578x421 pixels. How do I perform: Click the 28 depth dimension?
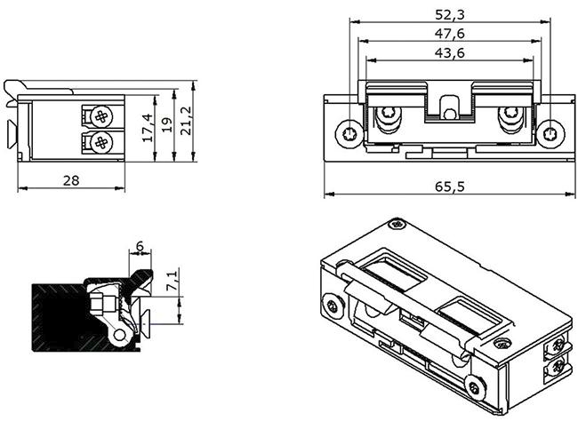coord(71,180)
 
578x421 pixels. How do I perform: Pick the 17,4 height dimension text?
coord(147,129)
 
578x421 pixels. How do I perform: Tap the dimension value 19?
coord(165,130)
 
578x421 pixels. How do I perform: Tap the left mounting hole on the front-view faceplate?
coord(345,134)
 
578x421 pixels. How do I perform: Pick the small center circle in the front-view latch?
coord(450,114)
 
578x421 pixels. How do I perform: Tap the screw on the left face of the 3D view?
coord(333,306)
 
